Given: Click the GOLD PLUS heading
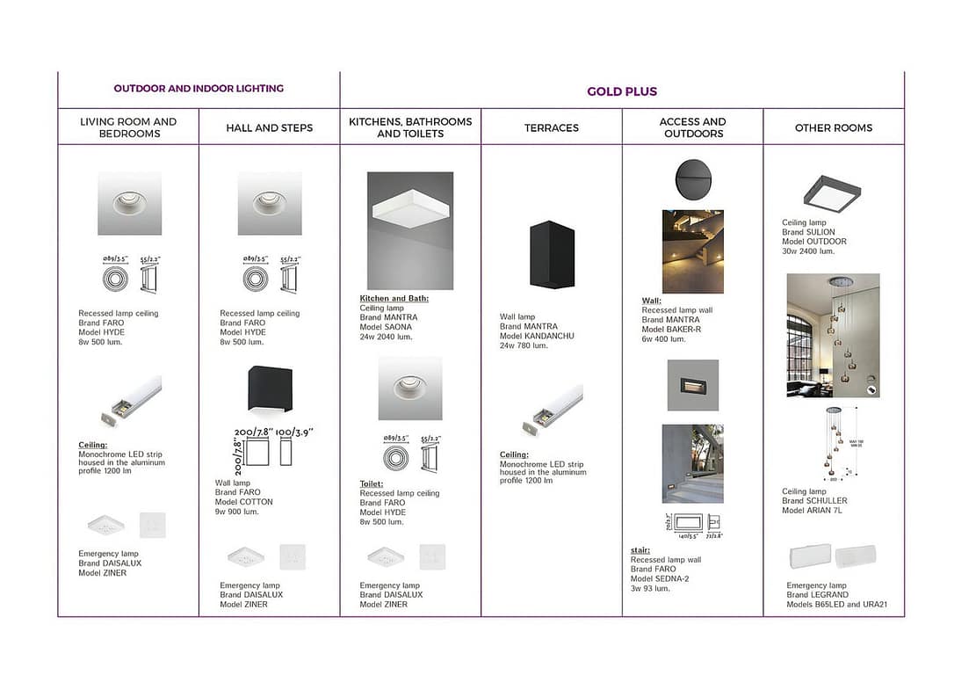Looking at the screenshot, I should [x=622, y=91].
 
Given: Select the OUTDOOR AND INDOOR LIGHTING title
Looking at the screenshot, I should [x=199, y=88].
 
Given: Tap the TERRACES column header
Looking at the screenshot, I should [x=552, y=127].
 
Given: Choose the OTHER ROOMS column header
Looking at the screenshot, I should [x=833, y=127].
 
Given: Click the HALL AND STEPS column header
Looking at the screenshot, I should [x=269, y=127].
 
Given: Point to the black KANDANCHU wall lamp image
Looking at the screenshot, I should [x=551, y=254].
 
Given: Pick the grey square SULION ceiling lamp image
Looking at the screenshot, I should [x=832, y=193].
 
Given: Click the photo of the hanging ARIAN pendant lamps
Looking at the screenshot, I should [x=833, y=335].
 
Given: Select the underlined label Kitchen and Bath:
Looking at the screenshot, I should [x=394, y=299].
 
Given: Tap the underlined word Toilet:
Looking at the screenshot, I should [x=372, y=484].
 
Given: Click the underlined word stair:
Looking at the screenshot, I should [x=640, y=550].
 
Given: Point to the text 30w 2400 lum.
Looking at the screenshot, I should [x=808, y=251].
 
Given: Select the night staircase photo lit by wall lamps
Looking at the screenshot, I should [x=692, y=251].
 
